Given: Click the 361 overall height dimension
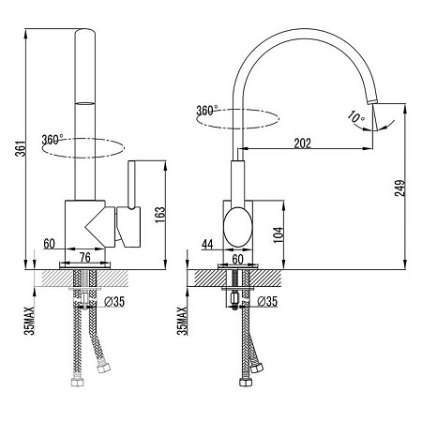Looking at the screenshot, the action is click(x=21, y=149).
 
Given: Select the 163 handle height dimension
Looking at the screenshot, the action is click(x=159, y=215).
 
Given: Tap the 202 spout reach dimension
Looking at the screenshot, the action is click(x=303, y=143).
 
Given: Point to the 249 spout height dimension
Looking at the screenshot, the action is click(x=399, y=188).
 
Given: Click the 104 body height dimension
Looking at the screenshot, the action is click(x=279, y=234).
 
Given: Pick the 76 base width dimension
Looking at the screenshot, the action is click(x=85, y=257).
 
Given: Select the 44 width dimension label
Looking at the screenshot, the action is click(x=207, y=244).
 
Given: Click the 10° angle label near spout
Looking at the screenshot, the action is click(x=356, y=117).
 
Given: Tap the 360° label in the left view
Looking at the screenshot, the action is click(x=53, y=140).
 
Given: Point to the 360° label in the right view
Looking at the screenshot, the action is click(x=207, y=111).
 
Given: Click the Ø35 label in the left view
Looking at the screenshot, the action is click(x=114, y=302).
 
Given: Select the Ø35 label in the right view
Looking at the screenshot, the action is click(x=267, y=301).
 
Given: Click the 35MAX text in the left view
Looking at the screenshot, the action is click(x=29, y=321).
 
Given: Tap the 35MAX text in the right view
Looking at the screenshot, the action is click(x=182, y=321).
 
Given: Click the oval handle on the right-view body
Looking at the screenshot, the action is click(x=237, y=227).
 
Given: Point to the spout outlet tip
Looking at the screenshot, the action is click(x=372, y=101).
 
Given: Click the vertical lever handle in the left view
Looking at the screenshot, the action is click(x=132, y=185).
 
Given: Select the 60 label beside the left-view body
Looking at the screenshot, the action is click(x=49, y=244).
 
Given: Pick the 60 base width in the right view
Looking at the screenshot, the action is click(x=237, y=259).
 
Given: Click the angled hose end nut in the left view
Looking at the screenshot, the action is click(x=104, y=369).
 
